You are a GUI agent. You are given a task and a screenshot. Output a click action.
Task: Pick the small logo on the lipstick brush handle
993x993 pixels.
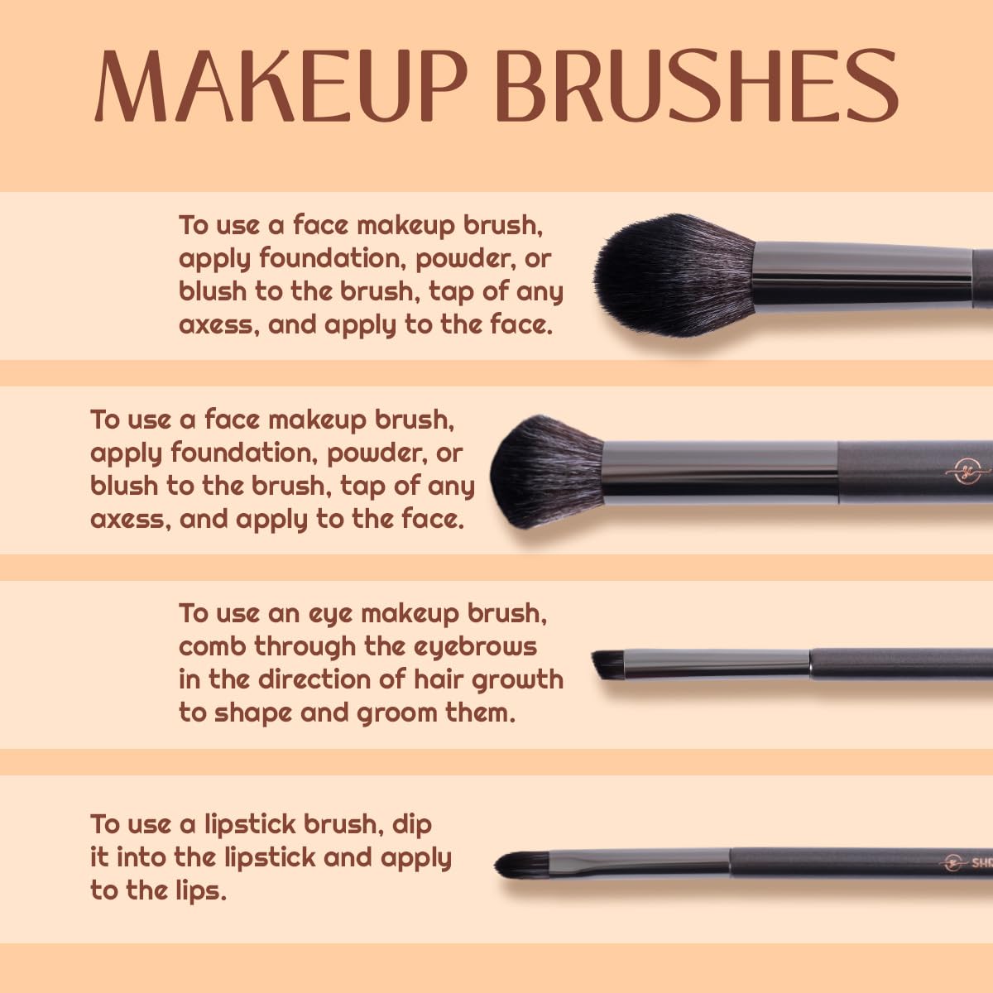tap(954, 862)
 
